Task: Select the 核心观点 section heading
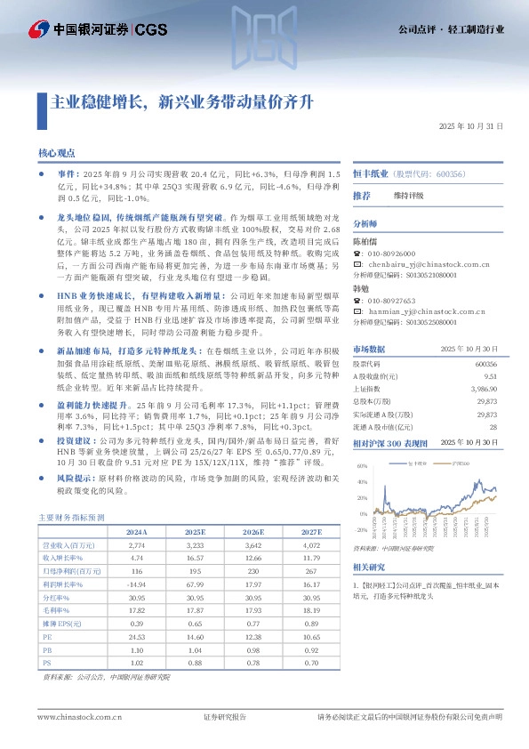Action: click(57, 153)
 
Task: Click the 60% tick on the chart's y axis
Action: click(360, 466)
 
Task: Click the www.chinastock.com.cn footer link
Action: click(72, 717)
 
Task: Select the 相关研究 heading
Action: click(369, 567)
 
